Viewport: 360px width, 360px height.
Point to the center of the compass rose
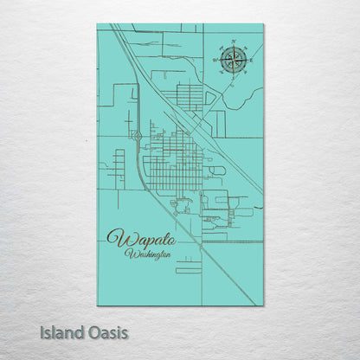tap(232, 60)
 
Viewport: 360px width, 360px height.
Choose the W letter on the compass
tap(215, 61)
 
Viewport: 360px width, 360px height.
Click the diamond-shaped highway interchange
tap(137, 135)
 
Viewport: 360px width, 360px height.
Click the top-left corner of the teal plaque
tap(98, 24)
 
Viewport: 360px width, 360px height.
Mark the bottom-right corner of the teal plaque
tap(263, 305)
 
